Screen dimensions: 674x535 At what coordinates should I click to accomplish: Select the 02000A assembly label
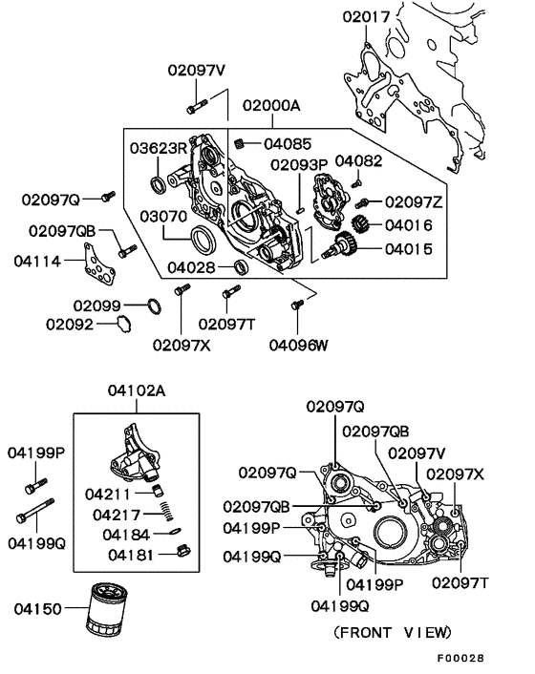(x=270, y=105)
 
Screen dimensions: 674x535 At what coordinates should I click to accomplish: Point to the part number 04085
(x=289, y=145)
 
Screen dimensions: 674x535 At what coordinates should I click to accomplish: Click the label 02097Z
(x=414, y=202)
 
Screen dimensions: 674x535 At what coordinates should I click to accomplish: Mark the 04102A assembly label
(x=137, y=390)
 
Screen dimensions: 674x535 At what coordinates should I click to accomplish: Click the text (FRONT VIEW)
(x=392, y=632)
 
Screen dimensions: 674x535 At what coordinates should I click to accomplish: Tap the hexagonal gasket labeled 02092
(x=121, y=325)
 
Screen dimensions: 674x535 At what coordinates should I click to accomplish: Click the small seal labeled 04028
(x=243, y=267)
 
